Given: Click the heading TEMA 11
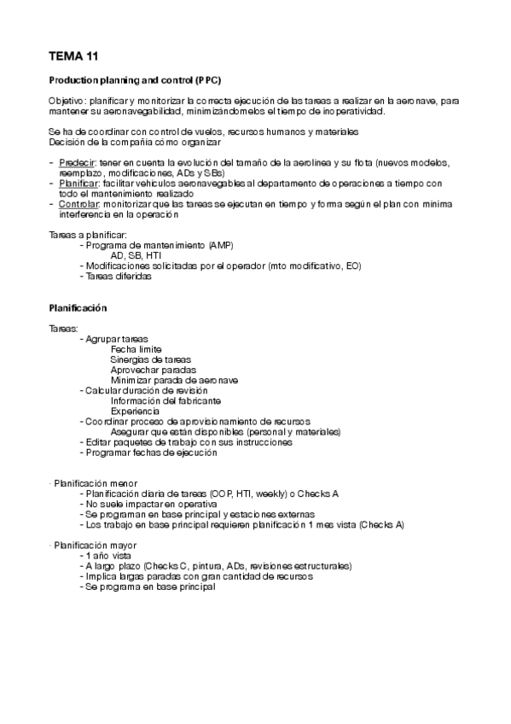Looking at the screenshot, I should coord(74,57).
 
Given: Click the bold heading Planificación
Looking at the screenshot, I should coord(78,307).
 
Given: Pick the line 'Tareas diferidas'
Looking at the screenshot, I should coord(116,277).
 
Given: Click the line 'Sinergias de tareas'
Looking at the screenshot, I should coord(151,359).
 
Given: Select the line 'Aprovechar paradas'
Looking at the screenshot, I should coord(150,370).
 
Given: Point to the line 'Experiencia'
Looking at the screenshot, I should coord(135,412).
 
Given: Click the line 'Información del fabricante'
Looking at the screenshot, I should coord(166,400).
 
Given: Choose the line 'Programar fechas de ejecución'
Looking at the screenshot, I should coord(148,452).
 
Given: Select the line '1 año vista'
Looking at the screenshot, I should coord(108,555).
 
